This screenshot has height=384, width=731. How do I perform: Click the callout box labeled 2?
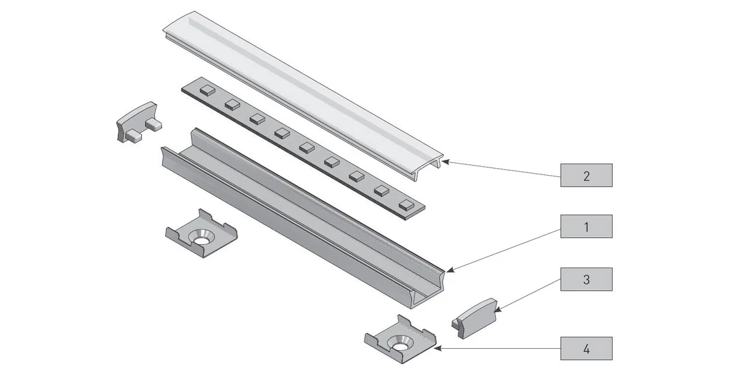tap(586, 175)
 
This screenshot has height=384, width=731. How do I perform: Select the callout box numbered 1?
tap(586, 227)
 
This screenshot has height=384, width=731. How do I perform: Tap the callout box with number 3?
tap(586, 279)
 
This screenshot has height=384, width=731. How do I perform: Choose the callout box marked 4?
tap(586, 347)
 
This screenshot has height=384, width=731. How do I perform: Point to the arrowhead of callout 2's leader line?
tap(444, 162)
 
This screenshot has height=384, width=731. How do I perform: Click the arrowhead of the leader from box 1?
tap(447, 271)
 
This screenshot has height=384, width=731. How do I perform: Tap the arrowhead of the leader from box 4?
tap(437, 346)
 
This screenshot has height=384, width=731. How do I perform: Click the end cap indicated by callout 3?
tap(475, 318)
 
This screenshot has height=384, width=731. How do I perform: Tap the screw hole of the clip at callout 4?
tap(400, 344)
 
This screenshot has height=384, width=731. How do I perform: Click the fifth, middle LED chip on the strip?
tap(307, 147)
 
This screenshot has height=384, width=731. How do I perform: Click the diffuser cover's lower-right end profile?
tap(432, 162)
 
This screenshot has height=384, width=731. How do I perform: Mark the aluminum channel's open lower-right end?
tap(429, 290)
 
